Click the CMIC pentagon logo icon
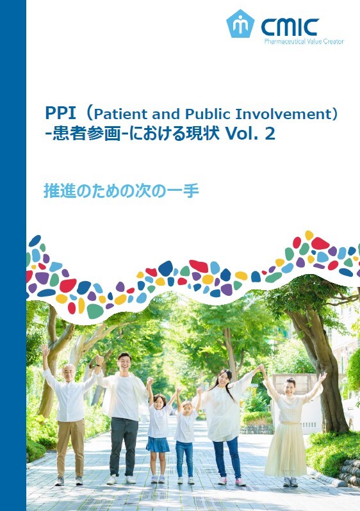pos(240,24)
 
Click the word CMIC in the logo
pos(290,27)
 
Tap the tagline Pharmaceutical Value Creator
pos(304,42)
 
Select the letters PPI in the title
pos(60,113)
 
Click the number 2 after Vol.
pos(270,134)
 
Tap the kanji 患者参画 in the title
pos(86,134)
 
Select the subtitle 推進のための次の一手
pos(121,191)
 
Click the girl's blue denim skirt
pos(158,444)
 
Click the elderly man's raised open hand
pos(45,350)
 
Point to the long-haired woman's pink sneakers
pos(231,481)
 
